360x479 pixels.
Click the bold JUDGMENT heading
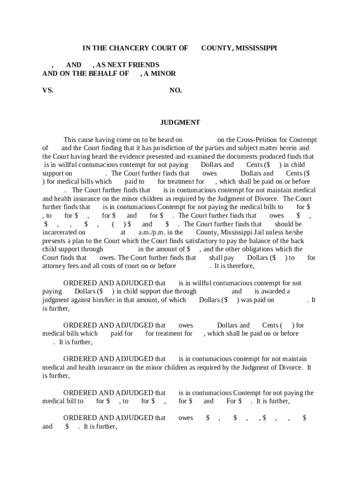click(x=180, y=123)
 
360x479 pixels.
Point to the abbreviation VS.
click(x=48, y=90)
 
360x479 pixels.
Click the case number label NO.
click(x=175, y=90)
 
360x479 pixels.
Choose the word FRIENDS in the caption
click(x=144, y=65)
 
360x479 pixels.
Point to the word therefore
click(x=239, y=266)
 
